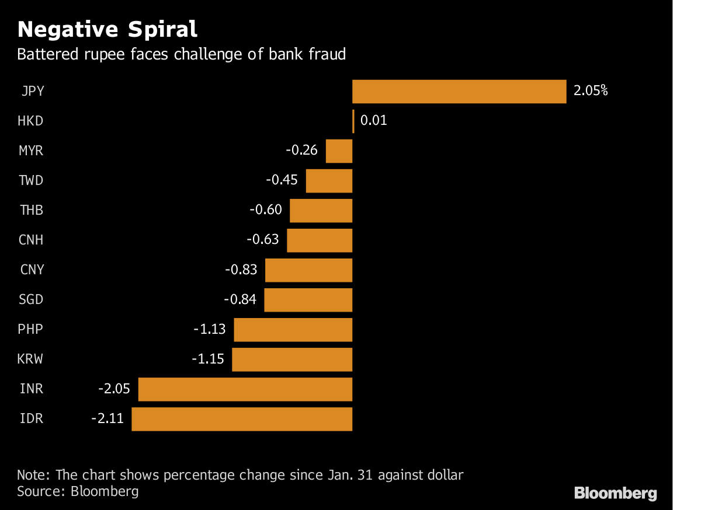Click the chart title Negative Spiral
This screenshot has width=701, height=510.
pos(107,29)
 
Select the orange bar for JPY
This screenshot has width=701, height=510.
pos(459,92)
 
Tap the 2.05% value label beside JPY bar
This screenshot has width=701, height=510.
pos(591,91)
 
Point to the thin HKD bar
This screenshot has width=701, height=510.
pos(353,121)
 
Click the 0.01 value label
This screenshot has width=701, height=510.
pos(374,121)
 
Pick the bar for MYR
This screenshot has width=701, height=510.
pos(339,151)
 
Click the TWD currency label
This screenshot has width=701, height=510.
pos(31,181)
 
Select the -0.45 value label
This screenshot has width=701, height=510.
pos(282,180)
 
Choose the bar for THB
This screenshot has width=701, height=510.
pos(321,211)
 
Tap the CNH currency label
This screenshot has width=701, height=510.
pos(31,240)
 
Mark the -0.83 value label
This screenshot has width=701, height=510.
pos(241,270)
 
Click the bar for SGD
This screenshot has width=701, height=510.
pos(308,300)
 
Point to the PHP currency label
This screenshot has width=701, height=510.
pos(31,330)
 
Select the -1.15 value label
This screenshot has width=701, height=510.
pos(208,359)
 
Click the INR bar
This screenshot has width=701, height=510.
pos(245,389)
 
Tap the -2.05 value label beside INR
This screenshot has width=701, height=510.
pos(114,389)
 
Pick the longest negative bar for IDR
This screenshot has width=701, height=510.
pos(242,419)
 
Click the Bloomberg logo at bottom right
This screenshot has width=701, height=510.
pos(615,493)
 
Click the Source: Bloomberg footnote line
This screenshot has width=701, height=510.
pos(78,491)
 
